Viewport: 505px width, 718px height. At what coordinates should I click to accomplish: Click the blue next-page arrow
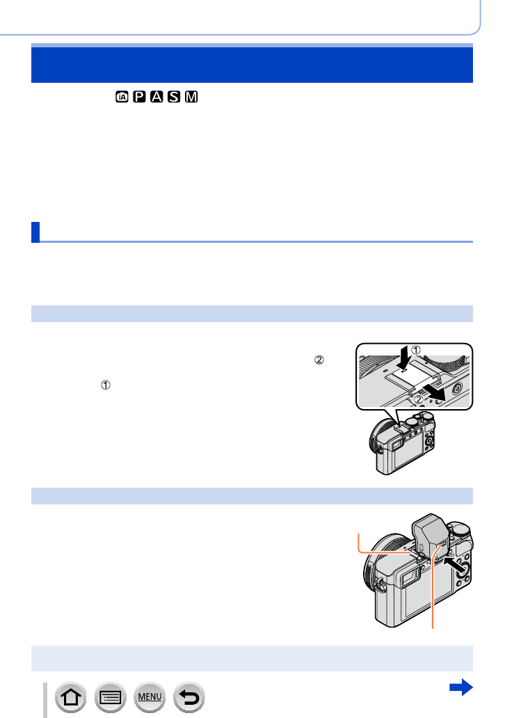461,688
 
